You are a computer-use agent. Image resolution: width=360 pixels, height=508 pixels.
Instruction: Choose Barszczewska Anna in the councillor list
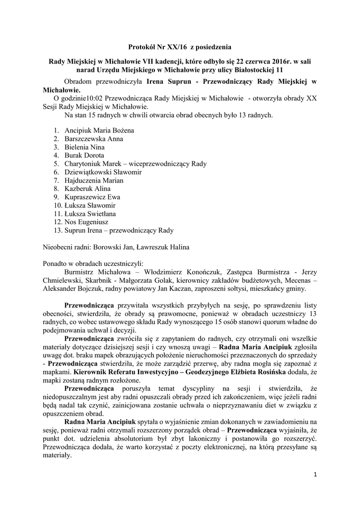[x=94, y=139]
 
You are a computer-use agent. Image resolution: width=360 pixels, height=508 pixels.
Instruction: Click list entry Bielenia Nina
[x=84, y=147]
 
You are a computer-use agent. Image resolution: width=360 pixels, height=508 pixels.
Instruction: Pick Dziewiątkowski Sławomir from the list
[x=103, y=172]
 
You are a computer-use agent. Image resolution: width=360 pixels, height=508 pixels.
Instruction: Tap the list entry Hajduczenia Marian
[x=94, y=181]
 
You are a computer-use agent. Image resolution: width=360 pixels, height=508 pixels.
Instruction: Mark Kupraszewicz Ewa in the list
[x=92, y=197]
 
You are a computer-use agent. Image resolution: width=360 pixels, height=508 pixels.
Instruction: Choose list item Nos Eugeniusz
[x=86, y=222]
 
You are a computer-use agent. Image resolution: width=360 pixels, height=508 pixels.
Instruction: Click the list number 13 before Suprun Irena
[x=57, y=230]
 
